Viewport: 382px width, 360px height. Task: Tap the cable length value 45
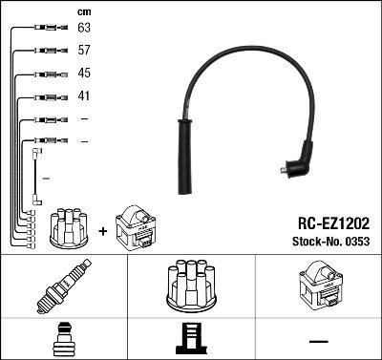[x=84, y=74]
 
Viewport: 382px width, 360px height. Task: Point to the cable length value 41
[x=84, y=96]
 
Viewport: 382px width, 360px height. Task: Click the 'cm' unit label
[x=84, y=11]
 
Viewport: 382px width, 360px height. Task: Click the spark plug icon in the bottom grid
[x=63, y=286]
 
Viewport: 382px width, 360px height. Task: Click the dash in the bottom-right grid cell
[x=317, y=340]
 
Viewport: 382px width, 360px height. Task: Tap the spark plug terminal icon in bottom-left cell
[x=63, y=340]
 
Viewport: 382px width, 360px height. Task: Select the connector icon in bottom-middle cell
[x=190, y=340]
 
